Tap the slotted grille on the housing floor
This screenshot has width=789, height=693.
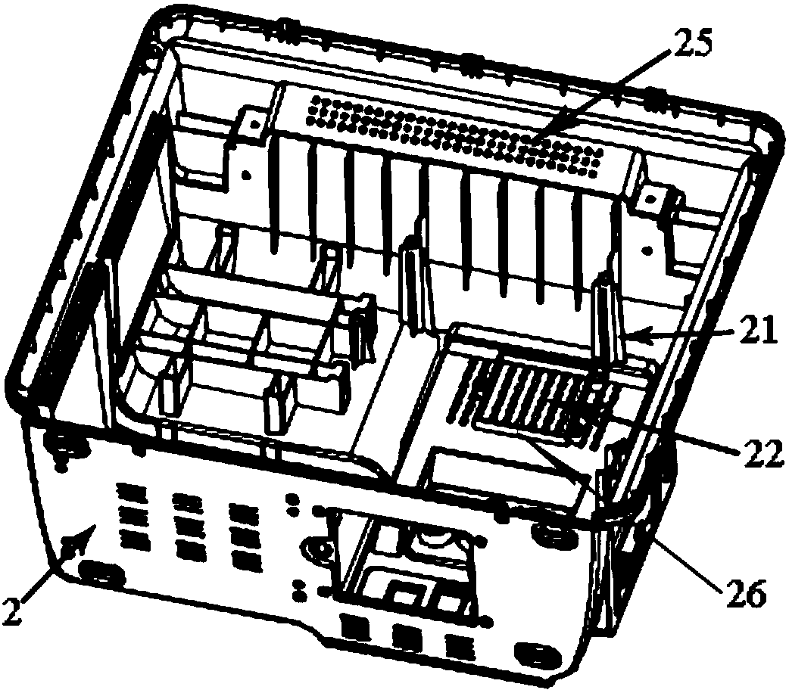530,393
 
